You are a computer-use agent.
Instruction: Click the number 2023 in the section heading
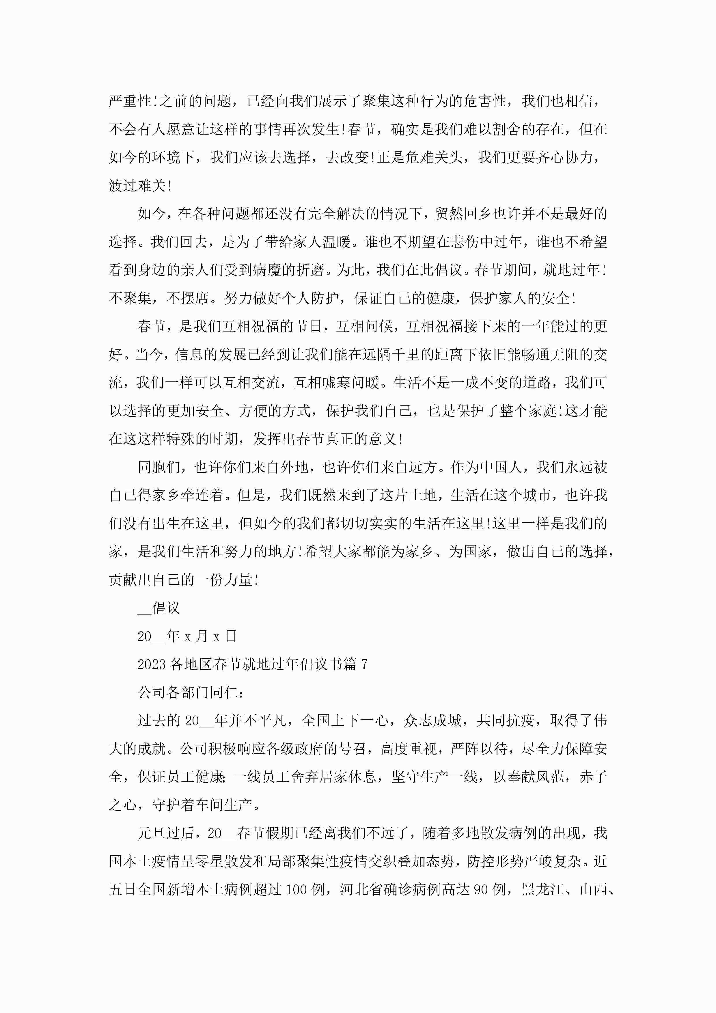(151, 664)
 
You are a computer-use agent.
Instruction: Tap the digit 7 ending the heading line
(364, 664)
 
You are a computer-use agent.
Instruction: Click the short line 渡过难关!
(140, 186)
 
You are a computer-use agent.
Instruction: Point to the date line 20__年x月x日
(187, 636)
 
